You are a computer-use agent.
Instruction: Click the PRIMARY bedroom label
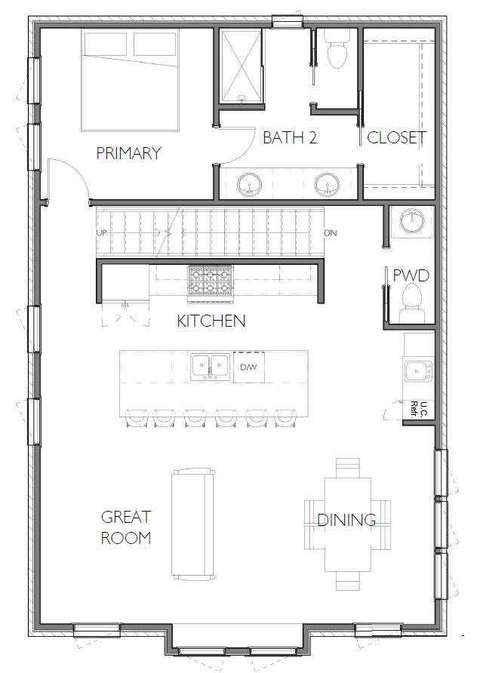[128, 153]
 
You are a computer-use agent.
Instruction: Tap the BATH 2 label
[290, 138]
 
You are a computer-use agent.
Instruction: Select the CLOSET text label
[396, 138]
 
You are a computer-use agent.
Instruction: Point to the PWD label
[411, 275]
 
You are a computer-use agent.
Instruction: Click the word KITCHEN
[211, 321]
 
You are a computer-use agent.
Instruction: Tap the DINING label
[346, 520]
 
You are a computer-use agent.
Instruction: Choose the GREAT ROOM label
[126, 527]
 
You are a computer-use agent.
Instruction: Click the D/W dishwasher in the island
[249, 367]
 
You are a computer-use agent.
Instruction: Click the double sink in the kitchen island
[211, 367]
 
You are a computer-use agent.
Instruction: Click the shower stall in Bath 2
[241, 66]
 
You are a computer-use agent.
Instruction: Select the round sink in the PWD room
[412, 220]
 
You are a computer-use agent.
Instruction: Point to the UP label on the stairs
[102, 233]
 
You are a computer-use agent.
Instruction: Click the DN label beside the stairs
[330, 233]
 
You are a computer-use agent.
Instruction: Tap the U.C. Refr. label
[420, 410]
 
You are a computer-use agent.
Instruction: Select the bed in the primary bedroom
[130, 80]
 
